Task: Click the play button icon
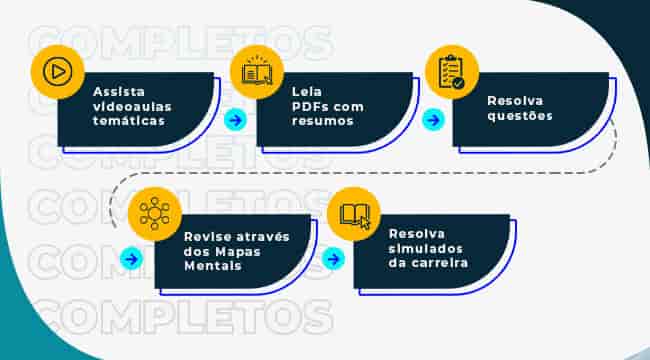(58, 73)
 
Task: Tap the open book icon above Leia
(257, 73)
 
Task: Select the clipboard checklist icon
(451, 71)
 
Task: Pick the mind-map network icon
(155, 213)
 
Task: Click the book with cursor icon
(353, 215)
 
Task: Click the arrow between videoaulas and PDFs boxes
(235, 120)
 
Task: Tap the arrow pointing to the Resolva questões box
(432, 120)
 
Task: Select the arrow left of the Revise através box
(131, 259)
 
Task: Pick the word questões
(519, 115)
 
